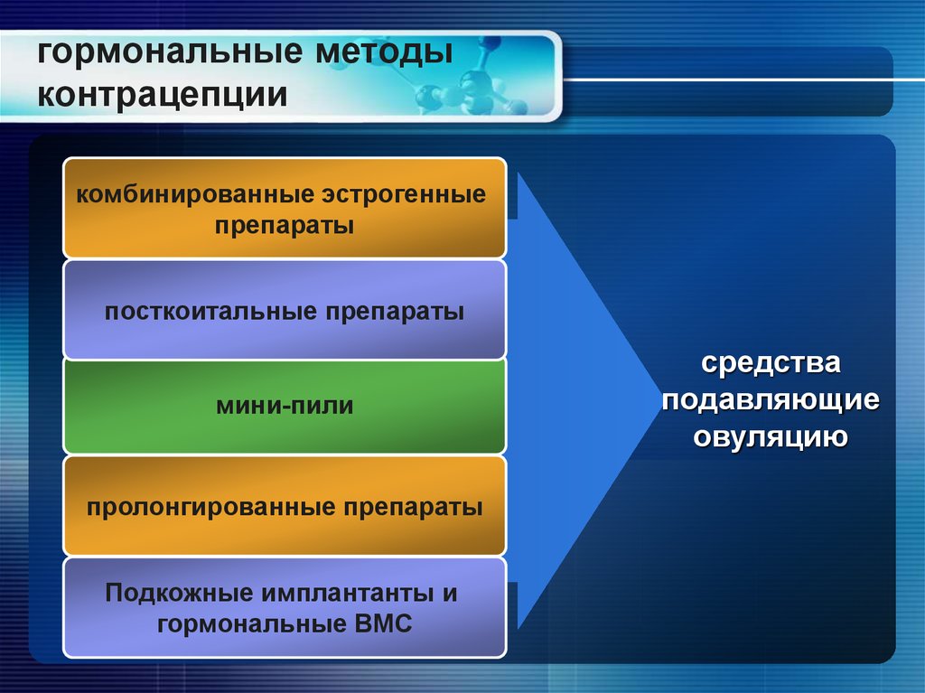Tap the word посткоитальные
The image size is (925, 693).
point(209,313)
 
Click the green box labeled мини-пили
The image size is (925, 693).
point(285,406)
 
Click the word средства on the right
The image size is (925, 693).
point(771,365)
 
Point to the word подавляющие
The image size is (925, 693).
point(771,400)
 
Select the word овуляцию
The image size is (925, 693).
point(771,436)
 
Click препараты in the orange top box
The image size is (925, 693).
point(285,225)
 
